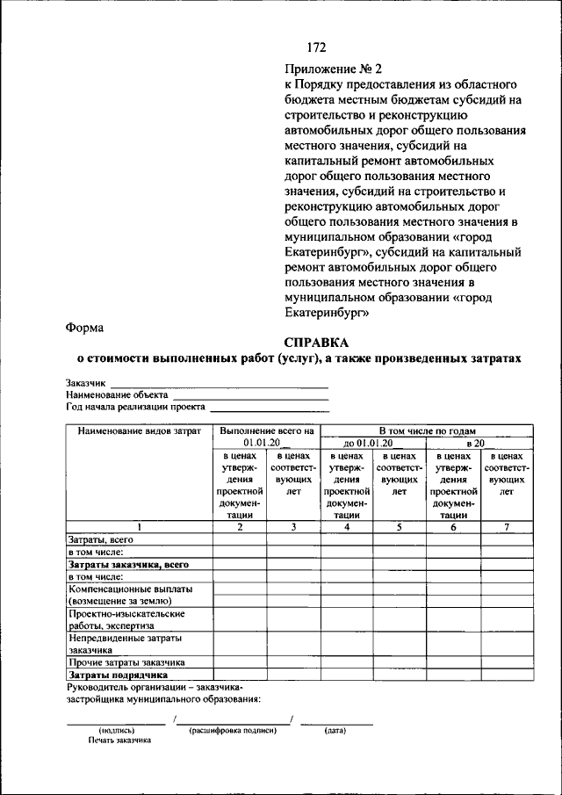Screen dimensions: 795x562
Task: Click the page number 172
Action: click(316, 47)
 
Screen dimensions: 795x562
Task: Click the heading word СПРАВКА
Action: click(316, 342)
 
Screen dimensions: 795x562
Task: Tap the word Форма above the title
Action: click(84, 327)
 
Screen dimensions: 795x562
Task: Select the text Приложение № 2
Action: click(334, 69)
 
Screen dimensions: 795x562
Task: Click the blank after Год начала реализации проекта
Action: click(270, 408)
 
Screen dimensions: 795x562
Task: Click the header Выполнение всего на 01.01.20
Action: click(267, 437)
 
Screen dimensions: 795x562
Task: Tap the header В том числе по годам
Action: click(427, 431)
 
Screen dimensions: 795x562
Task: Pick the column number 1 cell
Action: click(139, 526)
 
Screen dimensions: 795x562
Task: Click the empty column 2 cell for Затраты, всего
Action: click(240, 538)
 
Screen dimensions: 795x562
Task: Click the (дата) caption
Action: click(335, 730)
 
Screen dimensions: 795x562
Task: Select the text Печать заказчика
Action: click(119, 741)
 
